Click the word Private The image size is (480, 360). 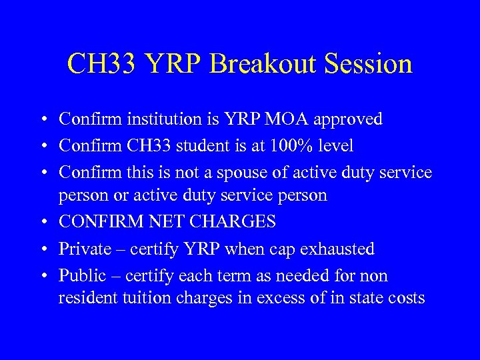85,249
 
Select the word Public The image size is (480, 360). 81,275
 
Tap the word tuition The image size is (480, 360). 139,297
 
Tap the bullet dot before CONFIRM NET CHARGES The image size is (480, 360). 42,222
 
